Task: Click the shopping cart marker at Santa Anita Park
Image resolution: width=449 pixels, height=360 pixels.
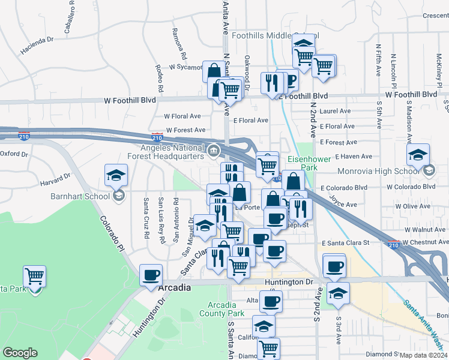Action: pos(35,277)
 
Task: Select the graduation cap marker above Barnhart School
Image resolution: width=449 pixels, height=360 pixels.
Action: pos(116,175)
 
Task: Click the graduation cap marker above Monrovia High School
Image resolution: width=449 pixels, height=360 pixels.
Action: pos(418,155)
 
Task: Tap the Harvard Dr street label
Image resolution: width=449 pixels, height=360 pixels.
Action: pos(55,179)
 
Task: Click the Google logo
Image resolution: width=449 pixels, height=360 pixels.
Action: pos(20,353)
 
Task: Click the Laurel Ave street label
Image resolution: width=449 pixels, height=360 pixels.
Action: pos(336,111)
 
